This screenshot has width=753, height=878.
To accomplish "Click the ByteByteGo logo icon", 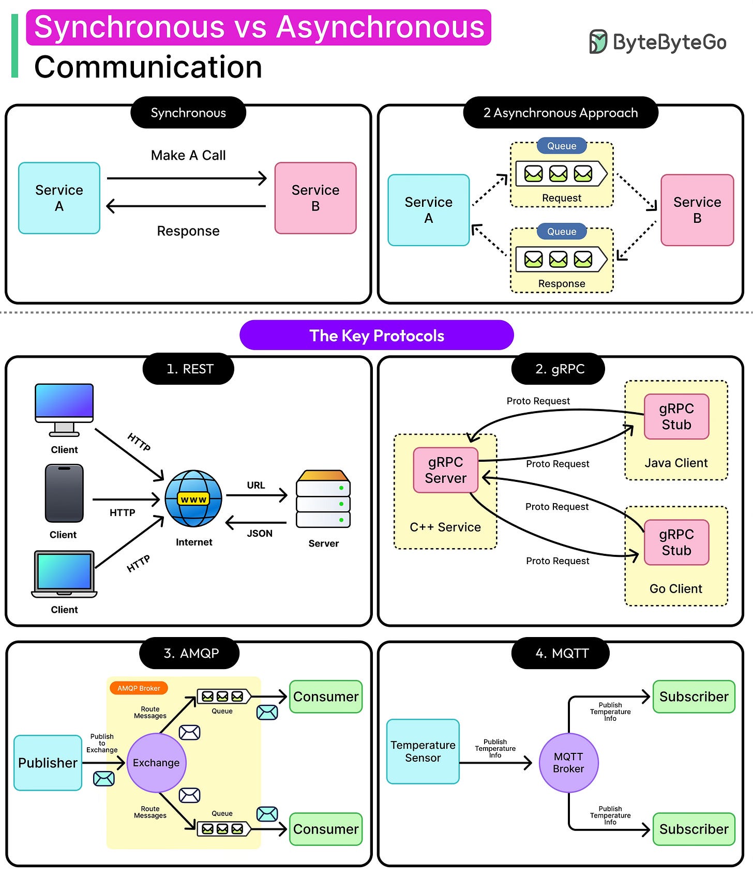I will (598, 42).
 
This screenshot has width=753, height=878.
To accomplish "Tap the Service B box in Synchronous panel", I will (315, 198).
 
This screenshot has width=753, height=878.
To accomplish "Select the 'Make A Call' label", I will (188, 155).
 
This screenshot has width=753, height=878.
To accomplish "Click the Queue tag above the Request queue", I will (562, 146).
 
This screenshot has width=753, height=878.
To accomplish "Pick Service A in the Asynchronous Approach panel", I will (428, 210).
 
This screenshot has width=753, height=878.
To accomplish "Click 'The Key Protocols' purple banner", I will (377, 336).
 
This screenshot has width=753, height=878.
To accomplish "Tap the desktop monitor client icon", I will (64, 408).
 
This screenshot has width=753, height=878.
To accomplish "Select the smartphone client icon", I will (64, 493).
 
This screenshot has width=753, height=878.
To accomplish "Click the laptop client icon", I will (64, 574).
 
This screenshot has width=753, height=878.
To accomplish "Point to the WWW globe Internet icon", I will (193, 498).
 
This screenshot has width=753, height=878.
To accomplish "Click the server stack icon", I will (323, 499).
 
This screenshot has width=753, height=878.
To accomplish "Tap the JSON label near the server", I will (259, 533).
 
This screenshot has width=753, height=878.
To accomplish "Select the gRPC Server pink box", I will (445, 470).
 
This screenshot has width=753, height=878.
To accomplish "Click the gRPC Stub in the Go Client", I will (676, 542).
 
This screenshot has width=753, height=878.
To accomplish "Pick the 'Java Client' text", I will (676, 463).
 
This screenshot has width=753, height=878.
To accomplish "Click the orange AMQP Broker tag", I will (139, 688).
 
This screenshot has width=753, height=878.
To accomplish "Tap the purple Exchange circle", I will (156, 763).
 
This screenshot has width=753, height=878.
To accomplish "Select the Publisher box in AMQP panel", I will (48, 763).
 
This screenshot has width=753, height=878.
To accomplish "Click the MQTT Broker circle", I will (568, 763).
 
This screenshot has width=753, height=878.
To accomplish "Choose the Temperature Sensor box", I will (423, 751).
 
